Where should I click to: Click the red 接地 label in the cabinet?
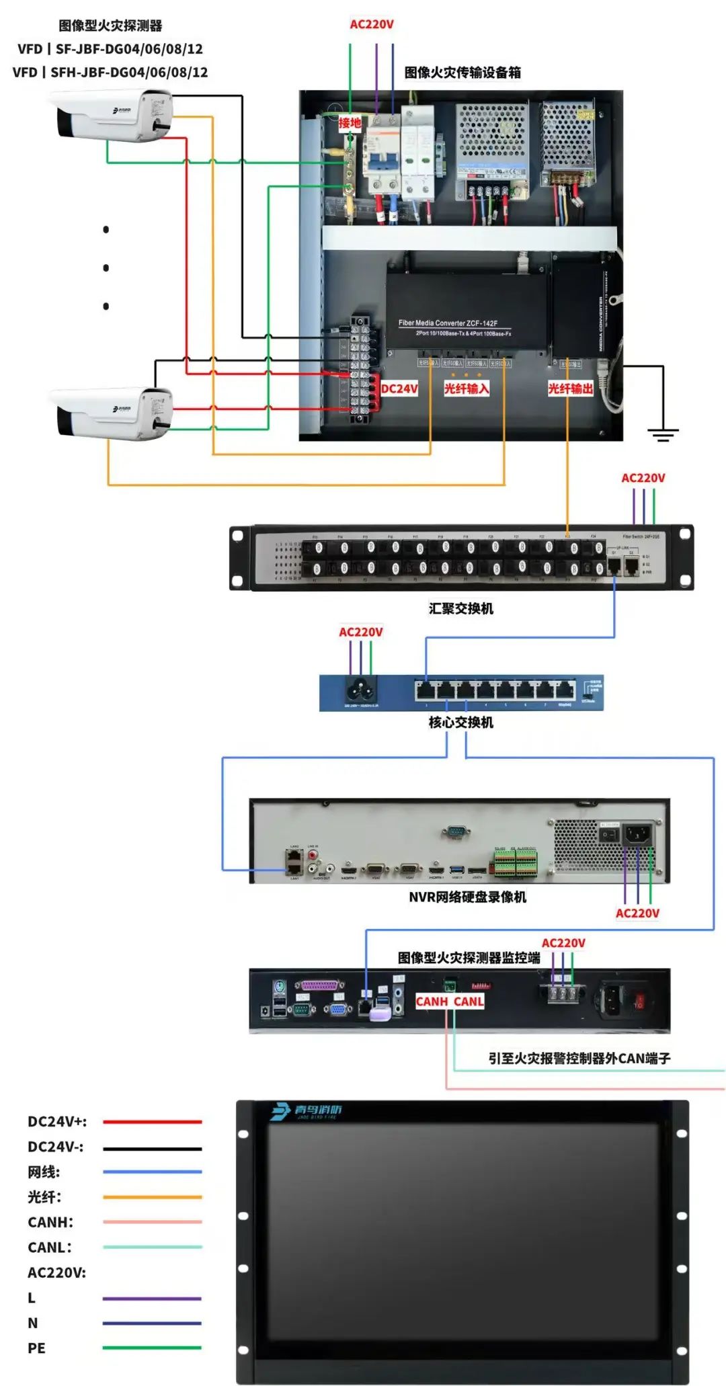tap(350, 123)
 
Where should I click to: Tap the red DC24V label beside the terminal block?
tap(399, 389)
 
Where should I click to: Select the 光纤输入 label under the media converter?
tap(466, 389)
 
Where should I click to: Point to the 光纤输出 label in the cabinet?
tap(570, 389)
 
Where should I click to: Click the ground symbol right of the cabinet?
tap(663, 434)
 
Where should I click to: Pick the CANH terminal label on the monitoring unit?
tap(432, 1002)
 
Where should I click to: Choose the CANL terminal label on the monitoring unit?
tap(469, 1002)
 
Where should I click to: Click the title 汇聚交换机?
tap(461, 608)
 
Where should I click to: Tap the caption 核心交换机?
tap(461, 723)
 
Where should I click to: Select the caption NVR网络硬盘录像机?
tap(468, 897)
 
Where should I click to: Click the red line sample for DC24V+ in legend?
tap(152, 1122)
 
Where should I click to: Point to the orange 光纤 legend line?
tap(152, 1197)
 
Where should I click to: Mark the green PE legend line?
tap(152, 1348)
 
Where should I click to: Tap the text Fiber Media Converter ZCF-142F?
tap(448, 323)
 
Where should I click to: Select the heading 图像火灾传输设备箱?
tap(462, 73)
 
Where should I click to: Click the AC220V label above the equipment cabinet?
tap(372, 25)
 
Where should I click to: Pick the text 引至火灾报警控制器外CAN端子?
tap(579, 1059)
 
